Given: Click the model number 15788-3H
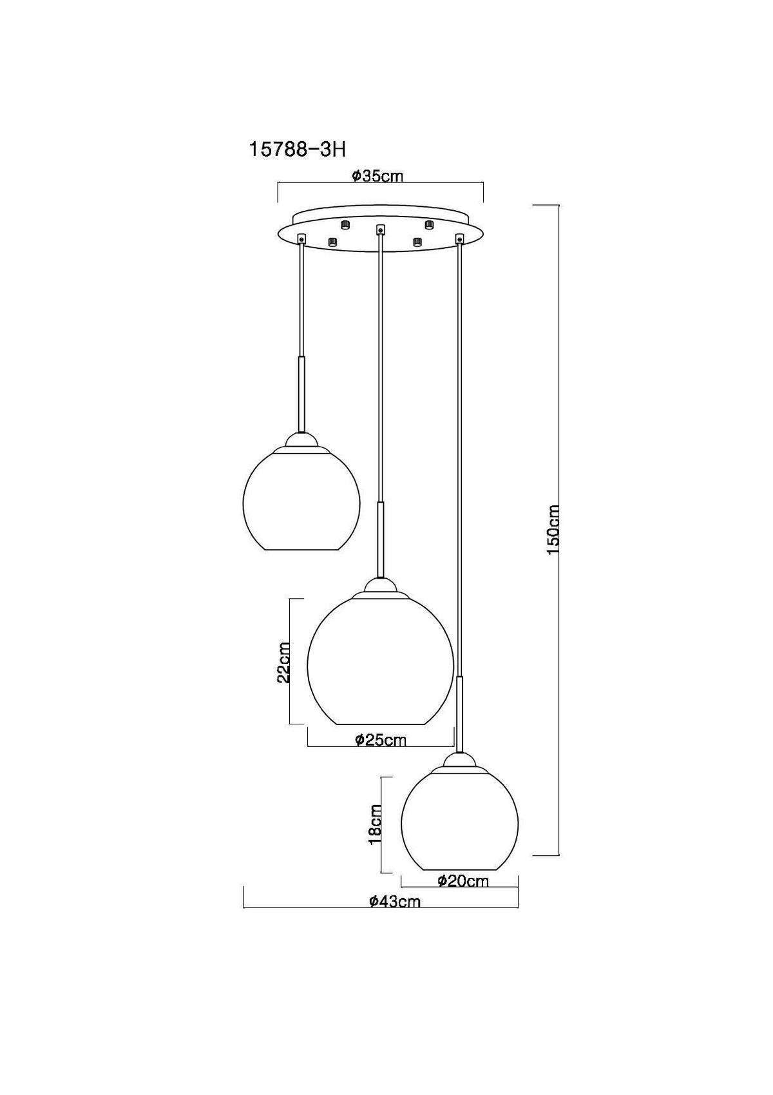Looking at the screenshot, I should tap(297, 150).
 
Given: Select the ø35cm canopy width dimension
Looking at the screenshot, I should tap(378, 176).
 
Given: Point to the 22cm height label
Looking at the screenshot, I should tap(282, 662).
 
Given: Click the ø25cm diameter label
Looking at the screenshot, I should tap(381, 740).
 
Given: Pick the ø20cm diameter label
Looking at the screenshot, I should tap(463, 880).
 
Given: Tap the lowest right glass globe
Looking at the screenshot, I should tap(460, 819).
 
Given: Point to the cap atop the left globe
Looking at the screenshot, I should tap(301, 441).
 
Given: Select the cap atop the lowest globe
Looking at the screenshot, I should tap(460, 761).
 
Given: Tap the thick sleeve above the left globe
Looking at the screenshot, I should tap(301, 393).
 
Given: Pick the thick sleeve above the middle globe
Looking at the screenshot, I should tap(381, 538).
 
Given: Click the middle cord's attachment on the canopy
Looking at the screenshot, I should tap(380, 229).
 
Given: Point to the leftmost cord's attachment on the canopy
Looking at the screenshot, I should tap(301, 239).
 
